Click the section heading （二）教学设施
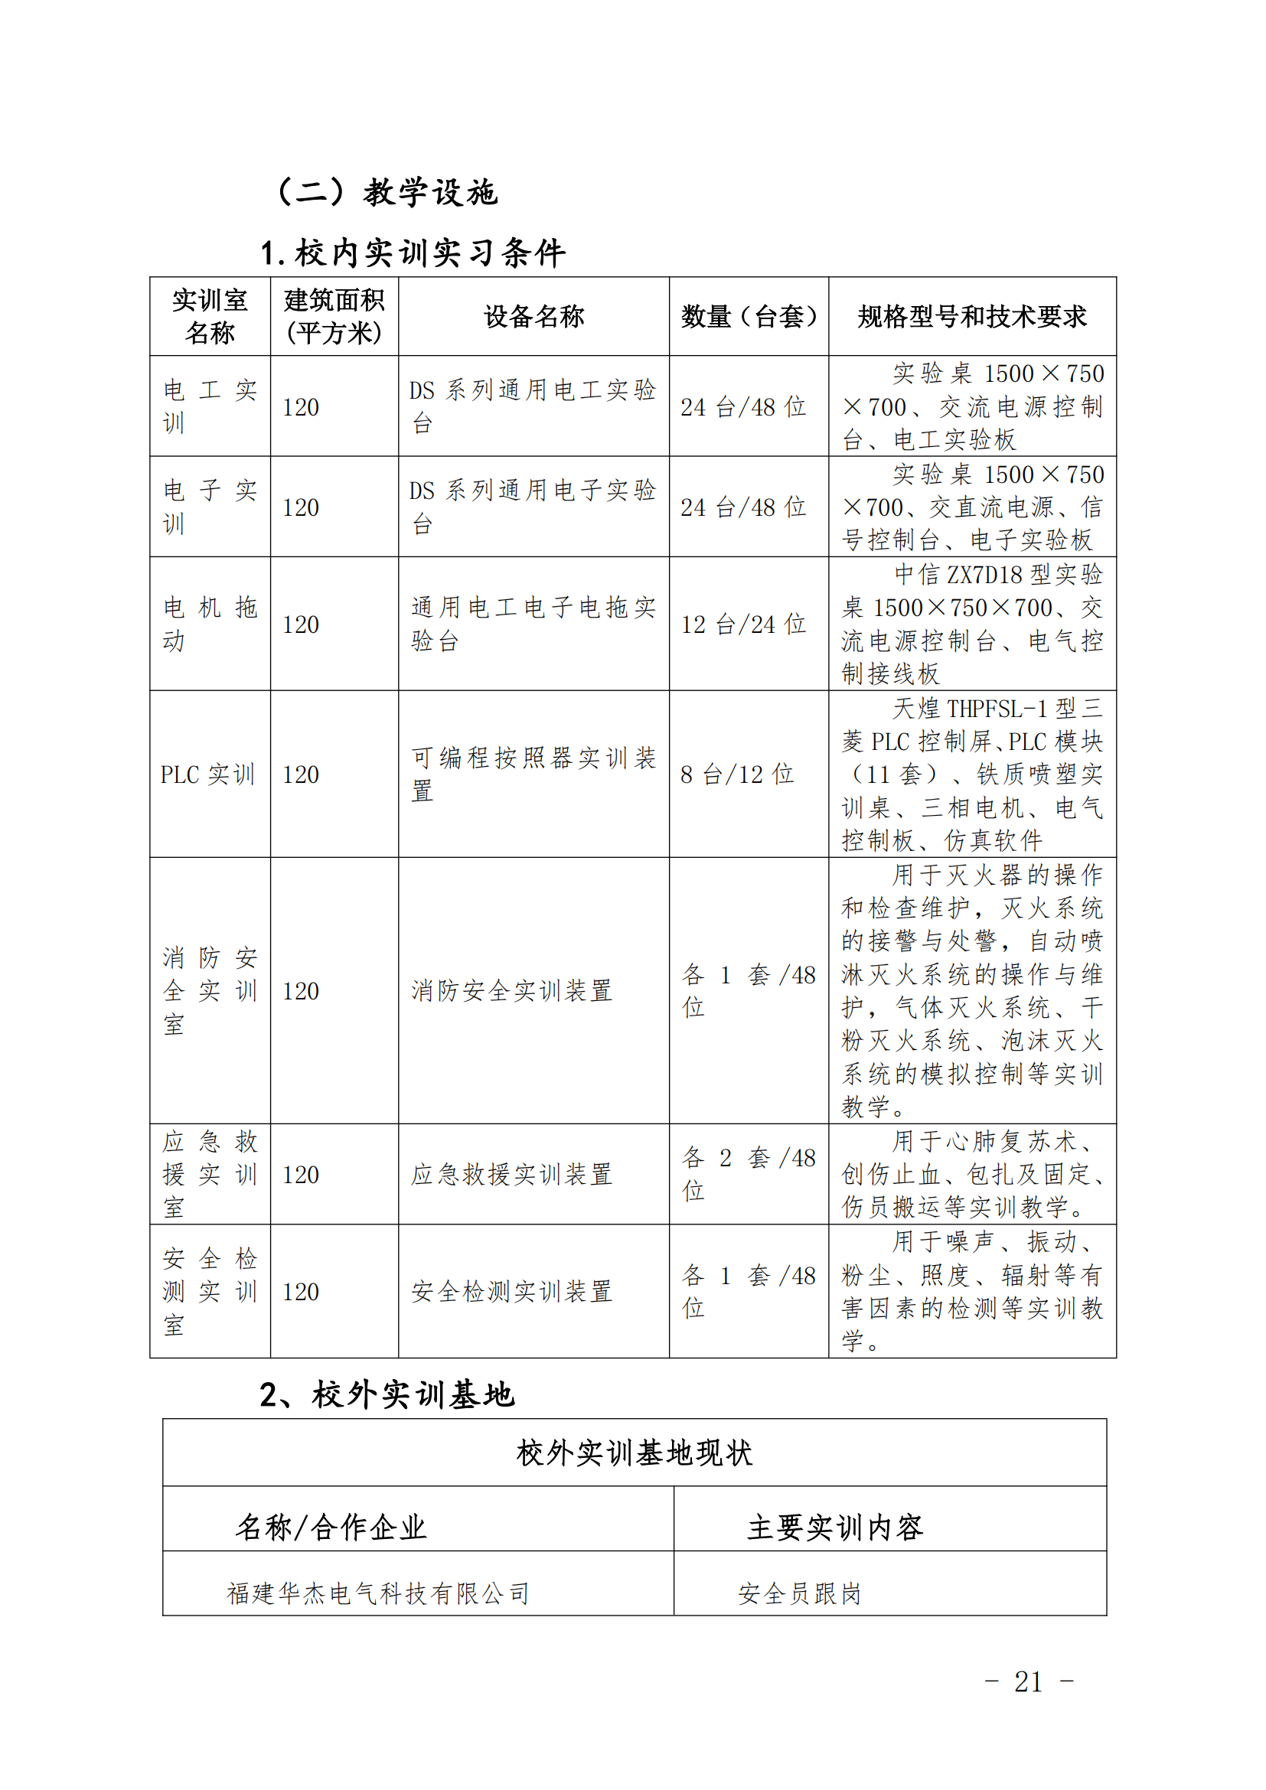(x=387, y=192)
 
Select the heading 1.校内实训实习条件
(x=413, y=253)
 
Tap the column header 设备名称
(x=533, y=317)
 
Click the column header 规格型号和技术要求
(x=971, y=317)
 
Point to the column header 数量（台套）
(x=749, y=317)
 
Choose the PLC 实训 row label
(x=208, y=774)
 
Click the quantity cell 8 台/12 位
(x=736, y=774)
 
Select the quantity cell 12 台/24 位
(x=743, y=624)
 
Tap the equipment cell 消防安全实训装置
(x=511, y=990)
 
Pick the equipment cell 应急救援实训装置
(x=511, y=1174)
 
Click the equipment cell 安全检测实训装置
(x=511, y=1291)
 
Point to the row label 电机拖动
(x=209, y=624)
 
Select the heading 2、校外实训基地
(x=387, y=1395)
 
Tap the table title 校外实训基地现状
(x=634, y=1453)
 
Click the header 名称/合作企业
(x=331, y=1528)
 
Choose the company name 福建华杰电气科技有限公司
(x=378, y=1593)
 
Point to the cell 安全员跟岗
(x=800, y=1593)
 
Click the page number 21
(x=1028, y=1681)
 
